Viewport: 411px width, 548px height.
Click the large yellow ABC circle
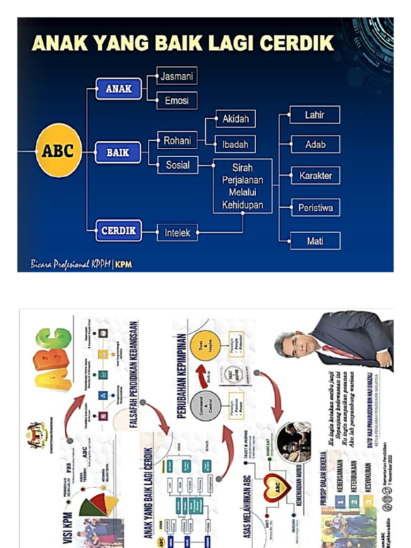click(58, 151)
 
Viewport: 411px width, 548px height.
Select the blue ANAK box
click(118, 89)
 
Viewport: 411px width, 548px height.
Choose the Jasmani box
click(177, 77)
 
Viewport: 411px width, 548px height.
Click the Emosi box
click(177, 101)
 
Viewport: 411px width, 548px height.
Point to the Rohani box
click(177, 141)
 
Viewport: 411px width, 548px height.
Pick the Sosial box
click(177, 165)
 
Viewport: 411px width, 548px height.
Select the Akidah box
click(235, 119)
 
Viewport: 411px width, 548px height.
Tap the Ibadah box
click(235, 144)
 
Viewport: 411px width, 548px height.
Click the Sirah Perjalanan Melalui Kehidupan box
click(242, 186)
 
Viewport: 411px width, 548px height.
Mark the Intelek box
click(177, 233)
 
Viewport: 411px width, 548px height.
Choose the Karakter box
click(315, 176)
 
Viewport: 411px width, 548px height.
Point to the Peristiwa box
click(315, 208)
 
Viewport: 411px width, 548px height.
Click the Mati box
click(315, 241)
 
